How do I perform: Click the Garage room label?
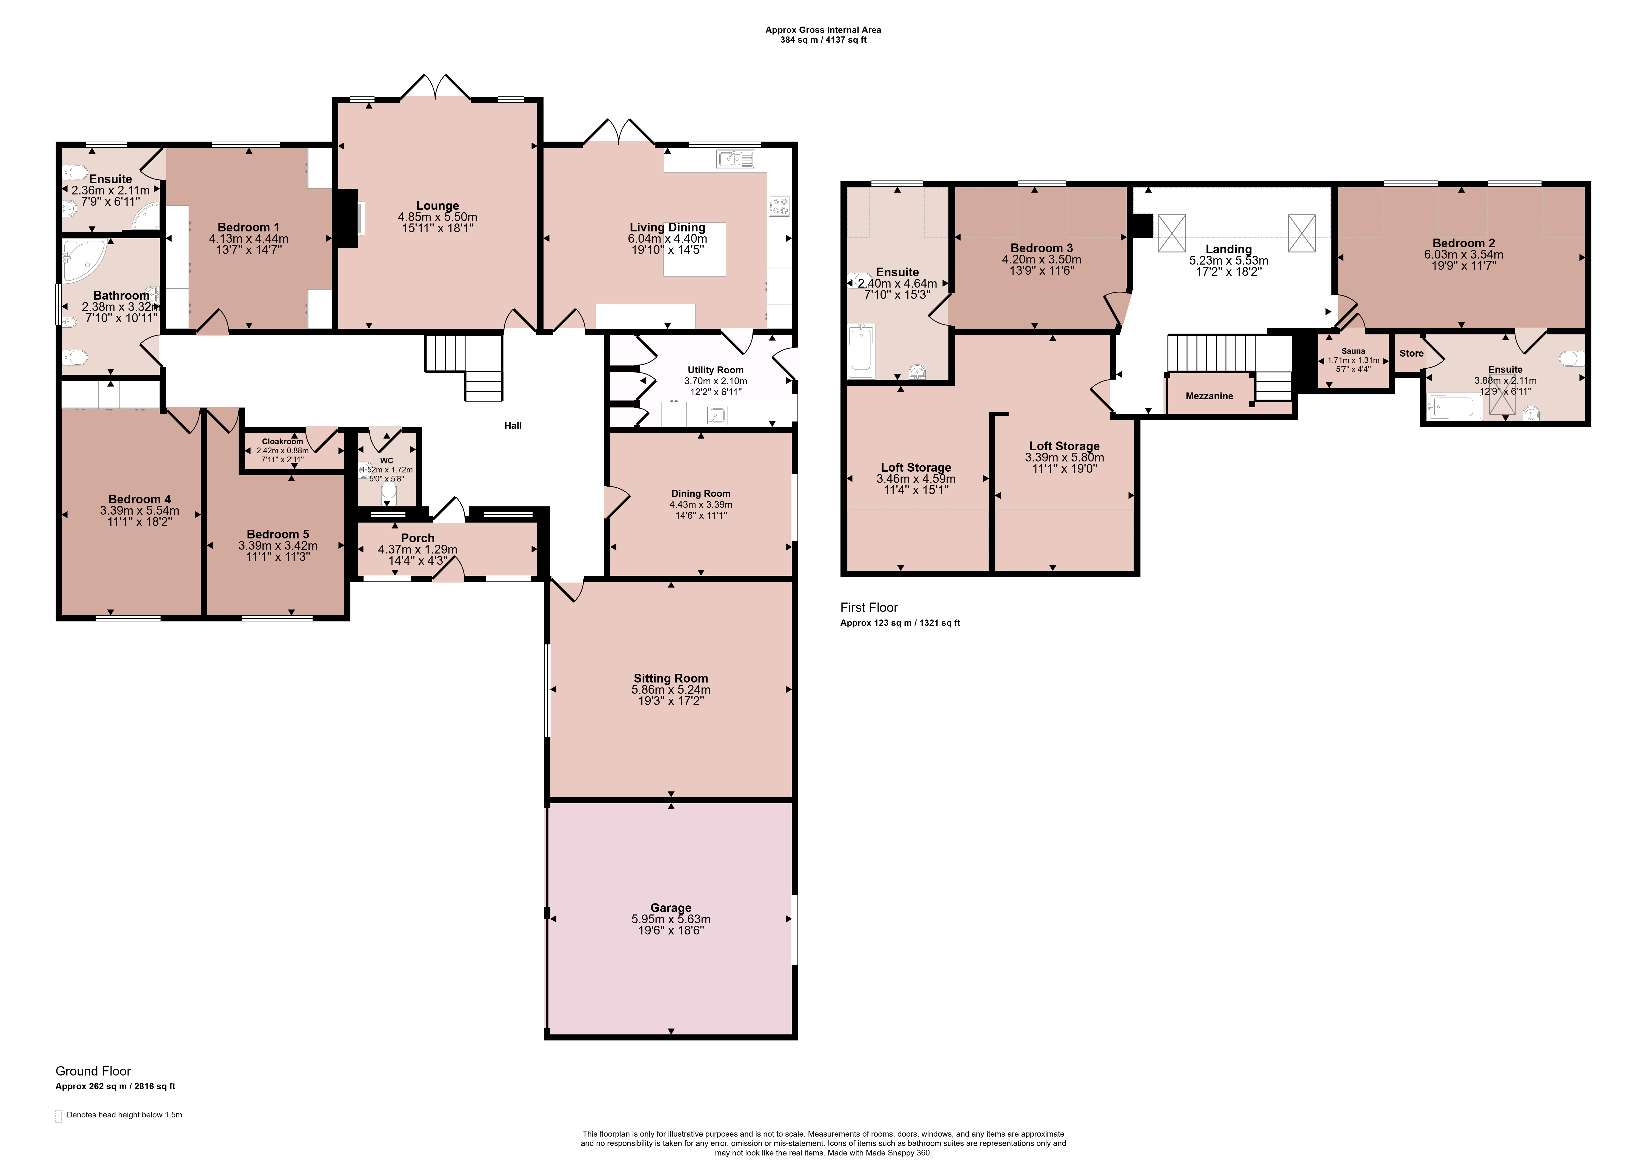point(671,908)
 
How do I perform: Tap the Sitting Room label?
point(671,678)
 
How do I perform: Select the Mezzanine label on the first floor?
point(1210,396)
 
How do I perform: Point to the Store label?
point(1411,353)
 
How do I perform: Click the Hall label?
point(513,426)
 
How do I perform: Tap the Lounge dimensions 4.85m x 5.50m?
point(437,217)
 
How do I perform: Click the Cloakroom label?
point(282,442)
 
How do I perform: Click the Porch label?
point(418,538)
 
